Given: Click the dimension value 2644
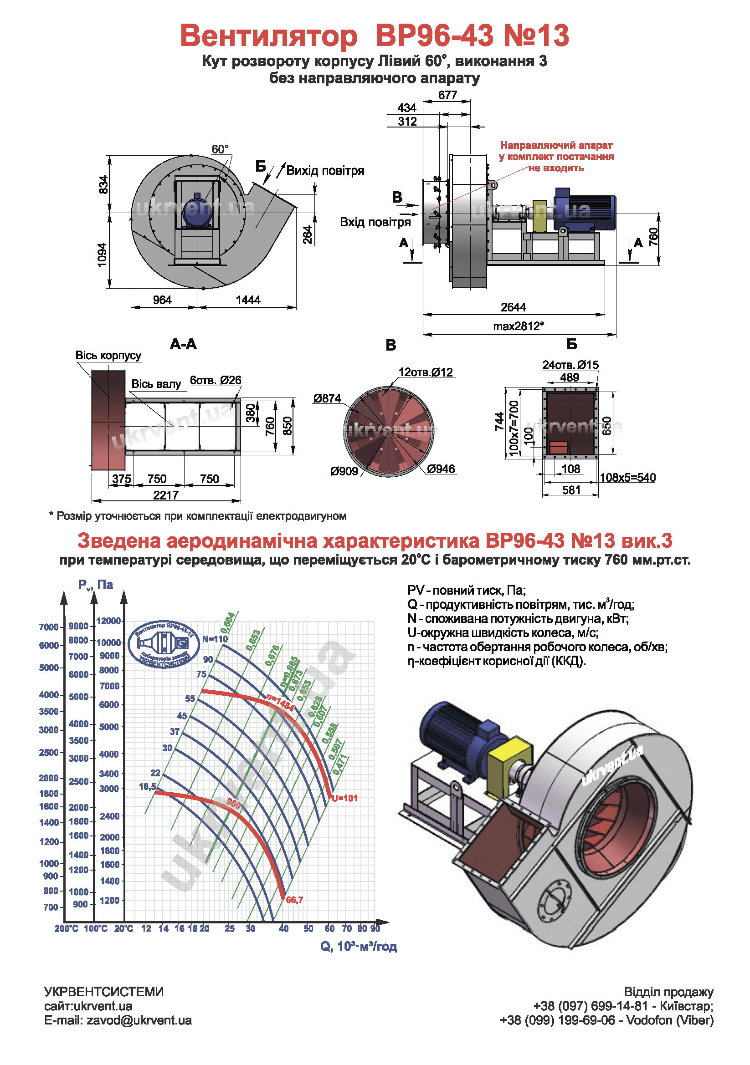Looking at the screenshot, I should [x=513, y=307].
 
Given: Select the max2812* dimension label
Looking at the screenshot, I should [x=518, y=326].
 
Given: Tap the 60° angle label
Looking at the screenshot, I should [x=220, y=149].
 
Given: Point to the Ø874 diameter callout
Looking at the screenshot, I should [x=327, y=398].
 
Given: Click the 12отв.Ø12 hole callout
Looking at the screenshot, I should [x=425, y=372].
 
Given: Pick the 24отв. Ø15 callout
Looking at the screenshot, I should [x=570, y=365].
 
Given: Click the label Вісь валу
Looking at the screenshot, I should [x=156, y=384].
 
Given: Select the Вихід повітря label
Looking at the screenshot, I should [x=325, y=171].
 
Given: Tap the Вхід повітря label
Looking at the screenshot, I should [x=375, y=222].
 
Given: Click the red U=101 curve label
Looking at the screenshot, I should [x=344, y=798].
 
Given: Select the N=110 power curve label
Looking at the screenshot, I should [x=215, y=639].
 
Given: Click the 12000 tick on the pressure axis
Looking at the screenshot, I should [x=108, y=621].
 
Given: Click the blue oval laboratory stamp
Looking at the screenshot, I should [x=164, y=644].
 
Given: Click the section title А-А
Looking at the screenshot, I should [x=183, y=344].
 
